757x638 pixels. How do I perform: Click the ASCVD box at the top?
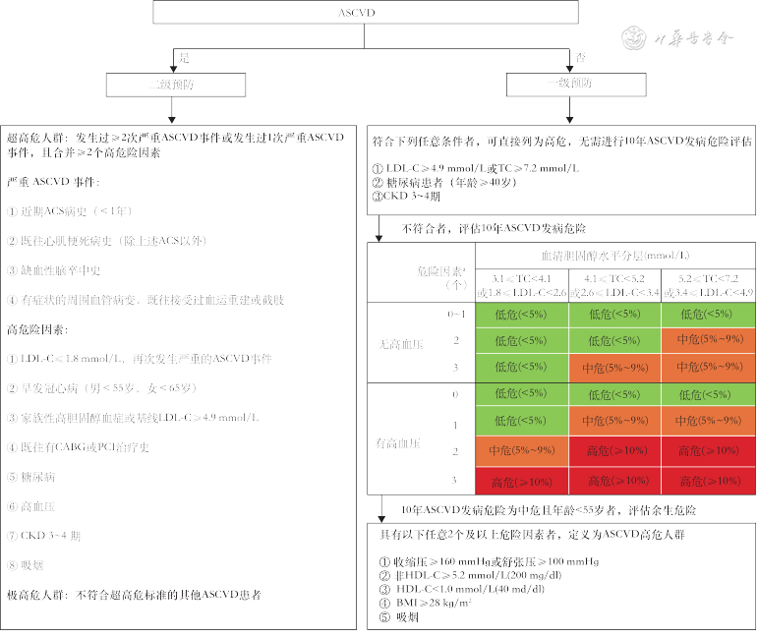point(363,13)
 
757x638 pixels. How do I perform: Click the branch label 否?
point(581,57)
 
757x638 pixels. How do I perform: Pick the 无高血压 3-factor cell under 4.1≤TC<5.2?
point(614,367)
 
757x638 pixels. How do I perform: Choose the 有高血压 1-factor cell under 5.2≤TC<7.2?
point(708,421)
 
